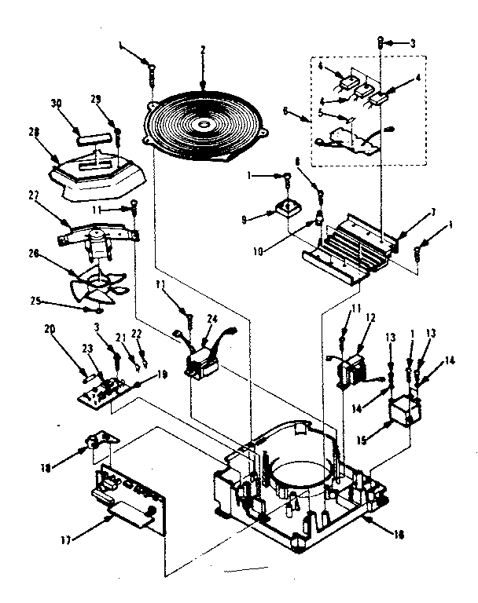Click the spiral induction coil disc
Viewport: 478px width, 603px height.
pyautogui.click(x=205, y=126)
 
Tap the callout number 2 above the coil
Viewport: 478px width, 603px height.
pyautogui.click(x=202, y=49)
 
